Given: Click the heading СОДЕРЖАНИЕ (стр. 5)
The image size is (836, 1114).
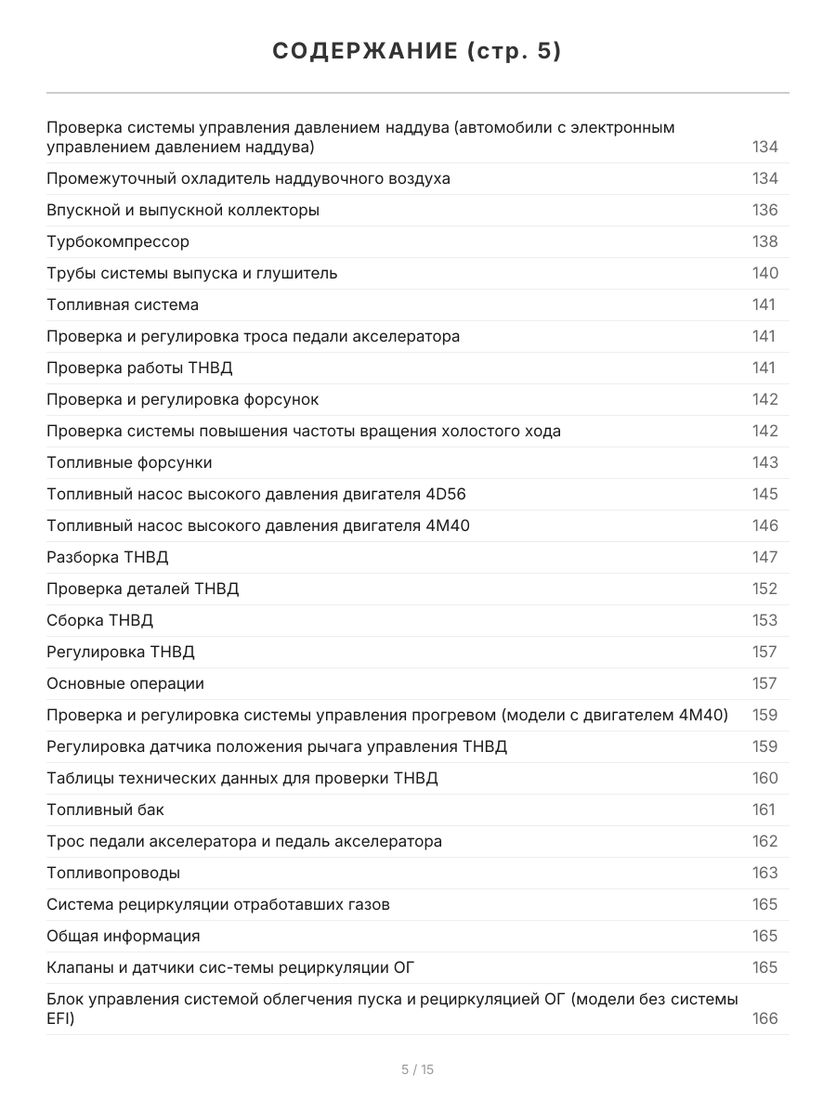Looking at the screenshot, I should pyautogui.click(x=417, y=52).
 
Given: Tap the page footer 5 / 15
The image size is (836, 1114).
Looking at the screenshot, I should pyautogui.click(x=417, y=1069).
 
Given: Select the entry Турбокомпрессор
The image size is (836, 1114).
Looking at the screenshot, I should pyautogui.click(x=118, y=241).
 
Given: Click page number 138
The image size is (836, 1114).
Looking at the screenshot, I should pyautogui.click(x=764, y=241).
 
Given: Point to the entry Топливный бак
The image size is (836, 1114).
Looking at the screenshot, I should pyautogui.click(x=105, y=810).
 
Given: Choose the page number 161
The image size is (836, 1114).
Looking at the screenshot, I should pyautogui.click(x=764, y=810).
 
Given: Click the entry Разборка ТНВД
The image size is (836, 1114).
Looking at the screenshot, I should pyautogui.click(x=108, y=557).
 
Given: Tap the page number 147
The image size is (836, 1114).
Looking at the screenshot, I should pyautogui.click(x=764, y=557).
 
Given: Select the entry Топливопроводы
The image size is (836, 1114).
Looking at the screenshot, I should pyautogui.click(x=113, y=873).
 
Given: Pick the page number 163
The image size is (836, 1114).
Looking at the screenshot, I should pyautogui.click(x=764, y=873).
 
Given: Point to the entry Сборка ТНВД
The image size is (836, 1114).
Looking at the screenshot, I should pyautogui.click(x=99, y=620).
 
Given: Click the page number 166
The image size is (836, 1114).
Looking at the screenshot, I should pyautogui.click(x=764, y=1018).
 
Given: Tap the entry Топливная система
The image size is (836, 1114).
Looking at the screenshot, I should pyautogui.click(x=123, y=304).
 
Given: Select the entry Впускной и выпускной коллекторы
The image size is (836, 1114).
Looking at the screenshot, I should pyautogui.click(x=183, y=210).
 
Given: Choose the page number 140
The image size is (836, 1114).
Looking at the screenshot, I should pyautogui.click(x=764, y=273).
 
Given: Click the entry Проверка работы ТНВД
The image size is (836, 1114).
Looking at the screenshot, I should pyautogui.click(x=139, y=368).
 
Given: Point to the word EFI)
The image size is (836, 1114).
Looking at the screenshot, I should pyautogui.click(x=60, y=1018).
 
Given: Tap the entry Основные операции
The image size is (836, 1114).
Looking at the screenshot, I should pyautogui.click(x=125, y=683).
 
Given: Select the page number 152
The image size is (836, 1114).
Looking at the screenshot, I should pyautogui.click(x=764, y=589).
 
